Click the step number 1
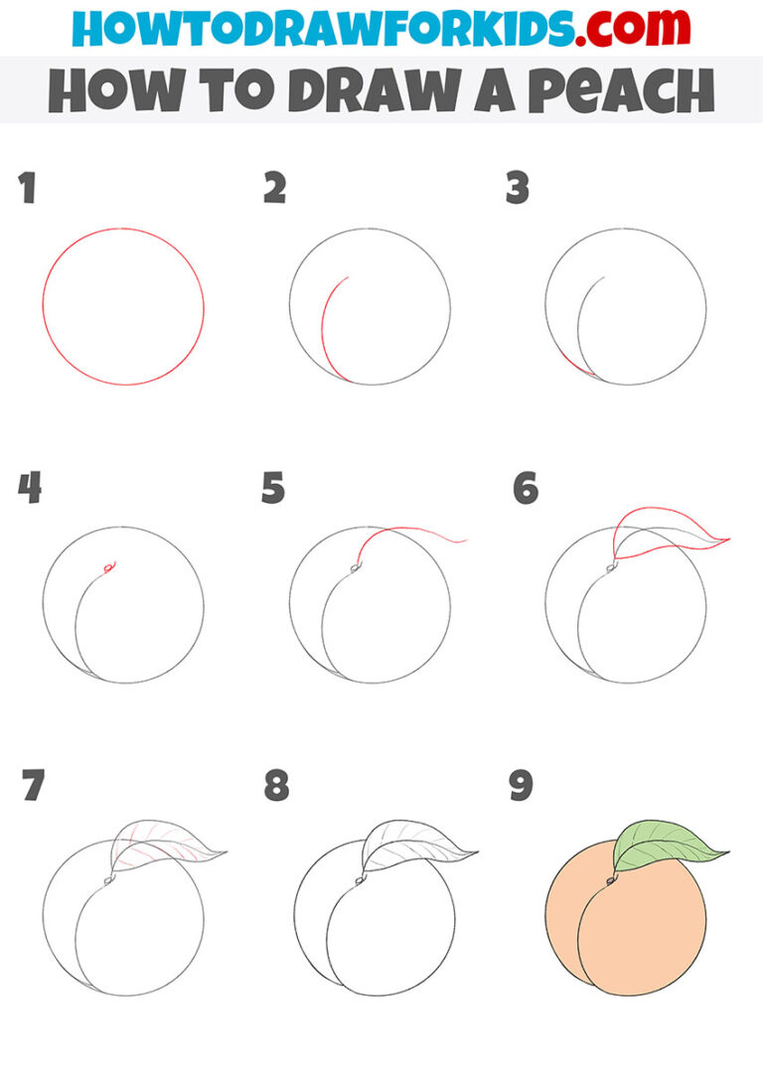tap(27, 188)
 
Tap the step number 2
tap(274, 188)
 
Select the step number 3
tap(517, 188)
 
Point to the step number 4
tap(29, 488)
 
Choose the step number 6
tap(525, 488)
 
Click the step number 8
tap(275, 786)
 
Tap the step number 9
tap(521, 786)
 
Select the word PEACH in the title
tap(626, 91)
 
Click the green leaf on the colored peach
tap(661, 845)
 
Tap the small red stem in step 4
tap(108, 567)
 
